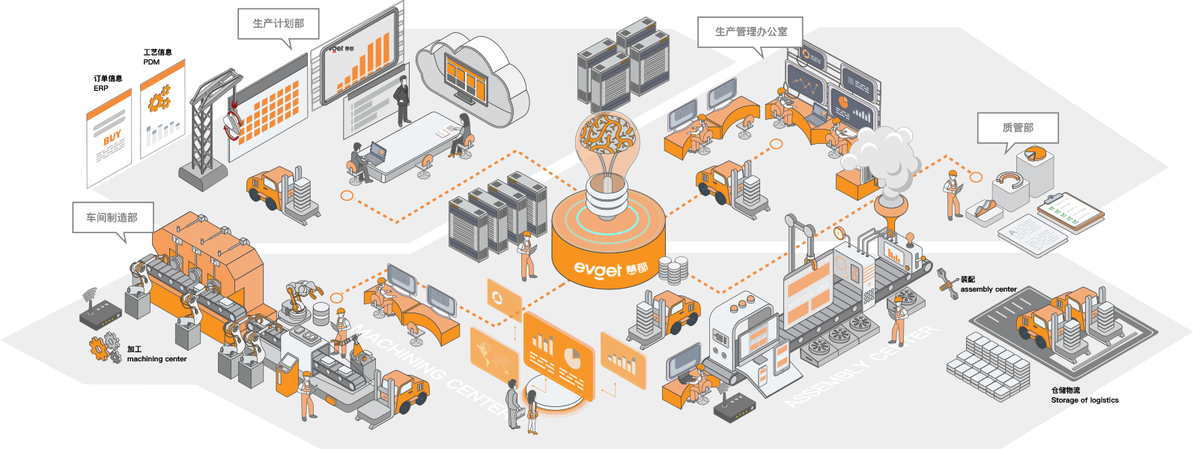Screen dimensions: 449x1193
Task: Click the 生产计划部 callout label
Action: coord(279,23)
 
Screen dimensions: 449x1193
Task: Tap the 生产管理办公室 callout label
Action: coord(750,31)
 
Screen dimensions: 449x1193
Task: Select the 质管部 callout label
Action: coord(1018,128)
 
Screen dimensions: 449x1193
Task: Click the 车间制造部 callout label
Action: coord(112,217)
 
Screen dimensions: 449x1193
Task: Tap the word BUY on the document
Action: coord(112,139)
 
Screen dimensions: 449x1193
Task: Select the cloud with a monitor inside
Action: coord(470,75)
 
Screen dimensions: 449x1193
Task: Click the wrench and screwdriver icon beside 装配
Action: coord(947,284)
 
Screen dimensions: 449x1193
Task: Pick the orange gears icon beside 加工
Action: coord(104,349)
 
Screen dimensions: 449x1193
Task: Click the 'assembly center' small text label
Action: coord(989,289)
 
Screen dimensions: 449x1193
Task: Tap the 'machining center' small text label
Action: coord(157,359)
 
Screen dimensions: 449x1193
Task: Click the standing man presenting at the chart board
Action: coord(403,100)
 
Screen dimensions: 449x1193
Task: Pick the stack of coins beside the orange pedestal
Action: coord(673,270)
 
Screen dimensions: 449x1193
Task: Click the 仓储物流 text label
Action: coord(1065,390)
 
